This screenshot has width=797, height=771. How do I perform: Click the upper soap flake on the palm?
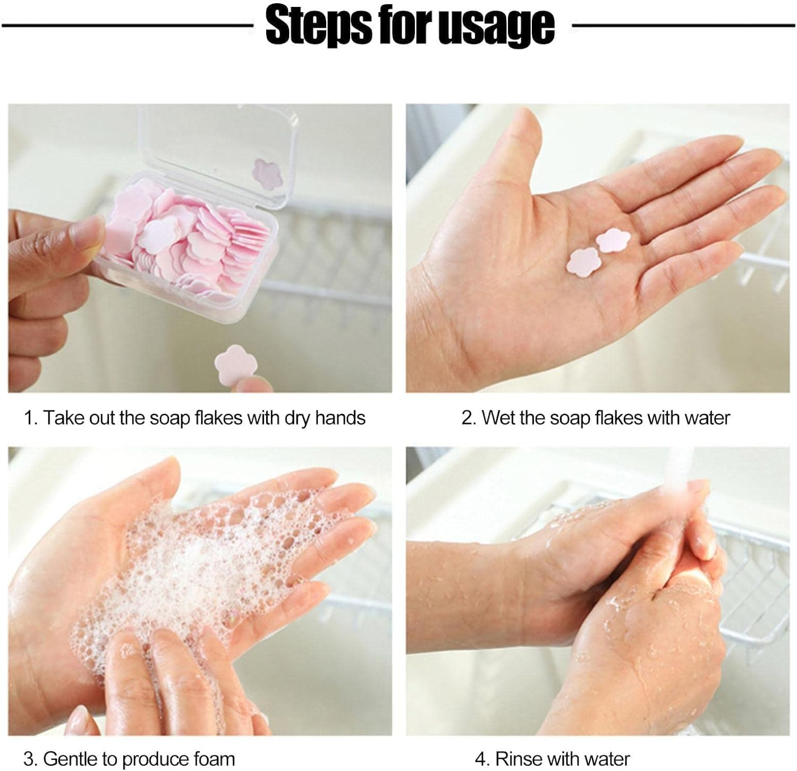pyautogui.click(x=613, y=240)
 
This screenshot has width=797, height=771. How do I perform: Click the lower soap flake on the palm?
pyautogui.click(x=583, y=262)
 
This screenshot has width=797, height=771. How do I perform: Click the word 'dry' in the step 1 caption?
pyautogui.click(x=298, y=418)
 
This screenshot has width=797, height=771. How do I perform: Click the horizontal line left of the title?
pyautogui.click(x=128, y=25)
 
